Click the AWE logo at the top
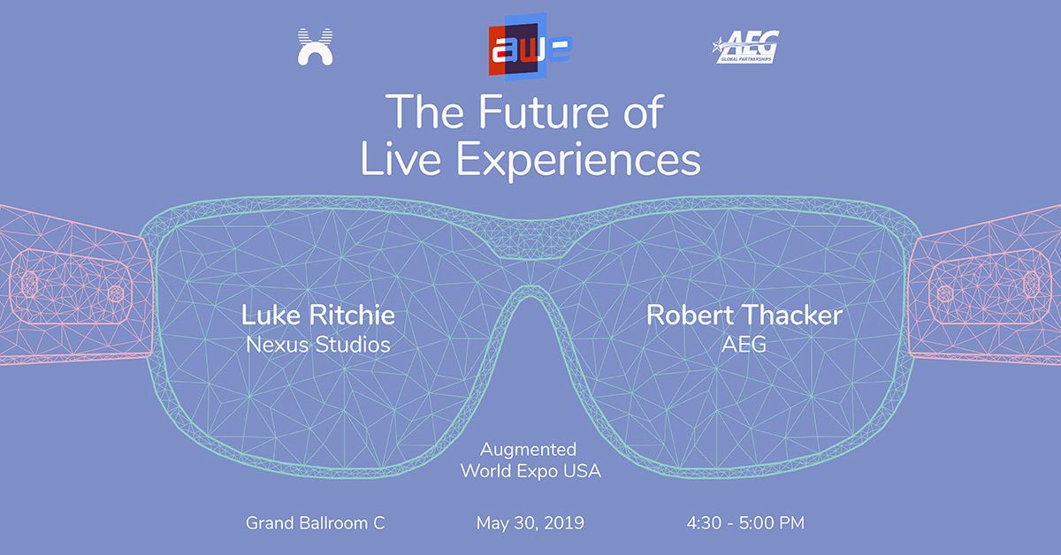coord(530,47)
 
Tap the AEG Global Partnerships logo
coord(745,47)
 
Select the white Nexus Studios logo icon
coord(315,47)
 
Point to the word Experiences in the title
coord(578,160)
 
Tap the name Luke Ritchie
coord(317,315)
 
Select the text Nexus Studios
coord(317,345)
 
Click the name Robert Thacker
coord(744,315)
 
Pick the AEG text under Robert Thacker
coord(744,345)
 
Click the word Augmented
coord(528,450)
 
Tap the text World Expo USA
coord(530,471)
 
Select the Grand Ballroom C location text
coord(315,523)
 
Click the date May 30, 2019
coord(530,523)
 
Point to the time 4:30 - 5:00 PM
coord(745,523)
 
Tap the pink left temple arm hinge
coord(71,287)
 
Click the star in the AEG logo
coord(719,46)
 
